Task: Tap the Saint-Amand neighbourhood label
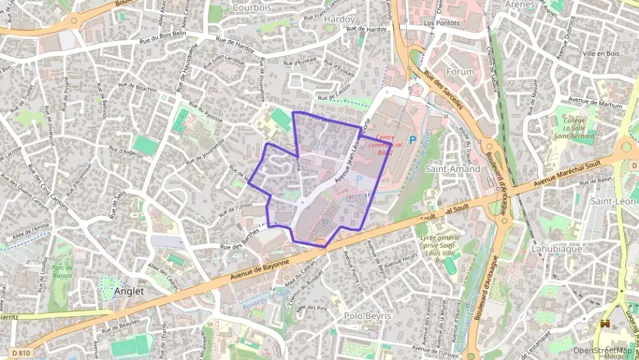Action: [x=453, y=168]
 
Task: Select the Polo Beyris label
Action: [x=367, y=316]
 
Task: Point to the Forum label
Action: [x=459, y=72]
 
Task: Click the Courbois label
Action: [x=252, y=8]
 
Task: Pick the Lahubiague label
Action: [x=556, y=249]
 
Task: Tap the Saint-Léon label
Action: [x=613, y=201]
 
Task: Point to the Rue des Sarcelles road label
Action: [x=444, y=92]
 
